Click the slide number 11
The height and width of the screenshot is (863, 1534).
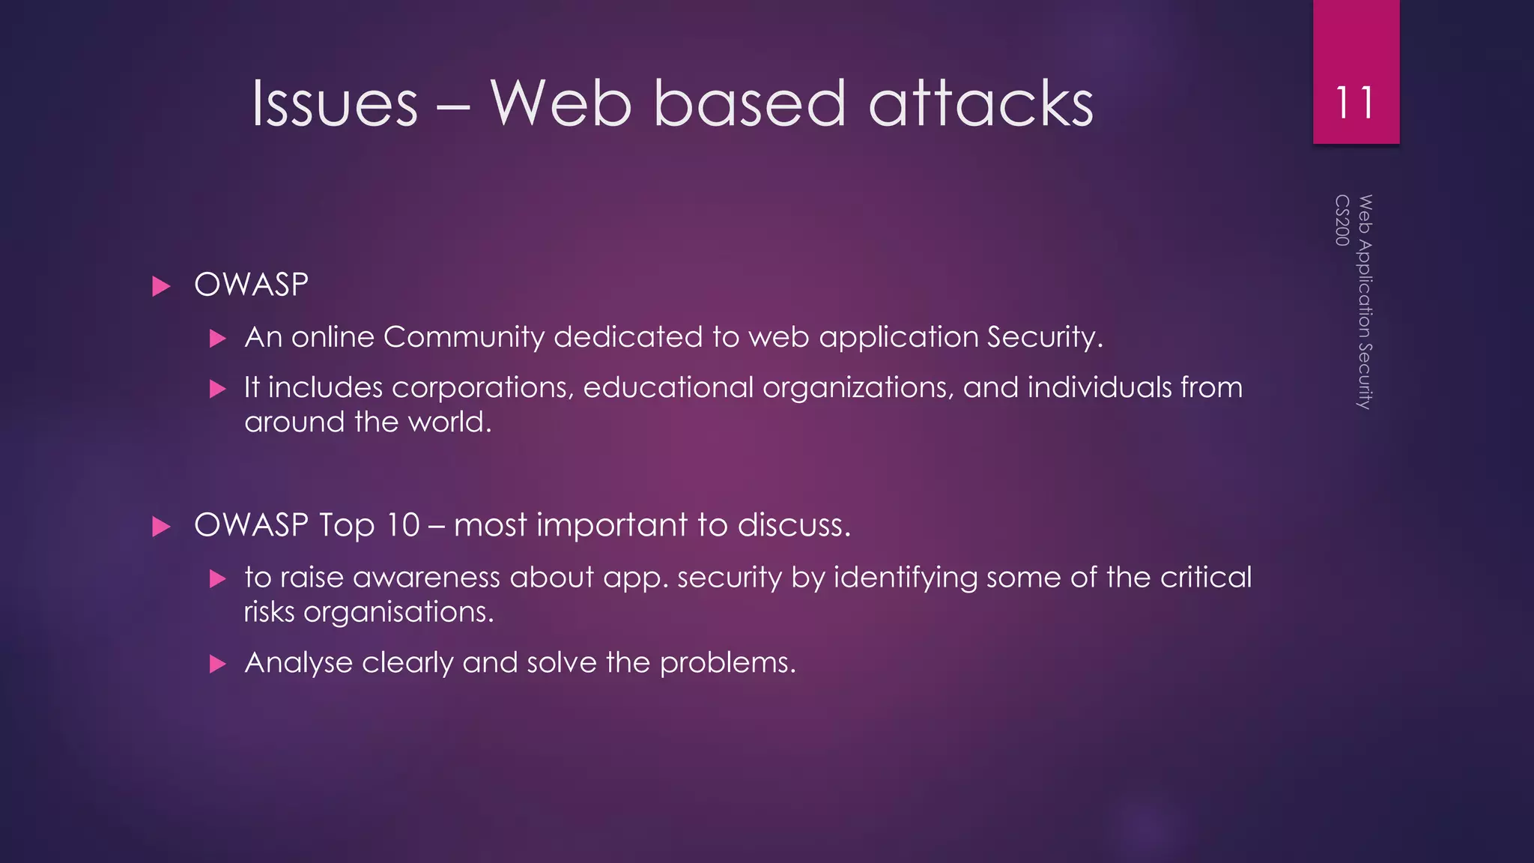click(x=1355, y=103)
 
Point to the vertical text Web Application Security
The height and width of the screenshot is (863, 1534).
click(x=1365, y=301)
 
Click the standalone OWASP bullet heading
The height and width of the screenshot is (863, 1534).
click(x=251, y=285)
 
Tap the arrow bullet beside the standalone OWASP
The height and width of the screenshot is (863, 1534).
click(x=161, y=286)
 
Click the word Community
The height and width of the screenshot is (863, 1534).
click(x=464, y=338)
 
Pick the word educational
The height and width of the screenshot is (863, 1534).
click(x=668, y=388)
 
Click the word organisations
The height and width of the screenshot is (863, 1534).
click(x=398, y=612)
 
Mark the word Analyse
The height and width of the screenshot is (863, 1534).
click(x=298, y=663)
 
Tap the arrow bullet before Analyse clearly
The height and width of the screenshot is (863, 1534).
click(x=218, y=664)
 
